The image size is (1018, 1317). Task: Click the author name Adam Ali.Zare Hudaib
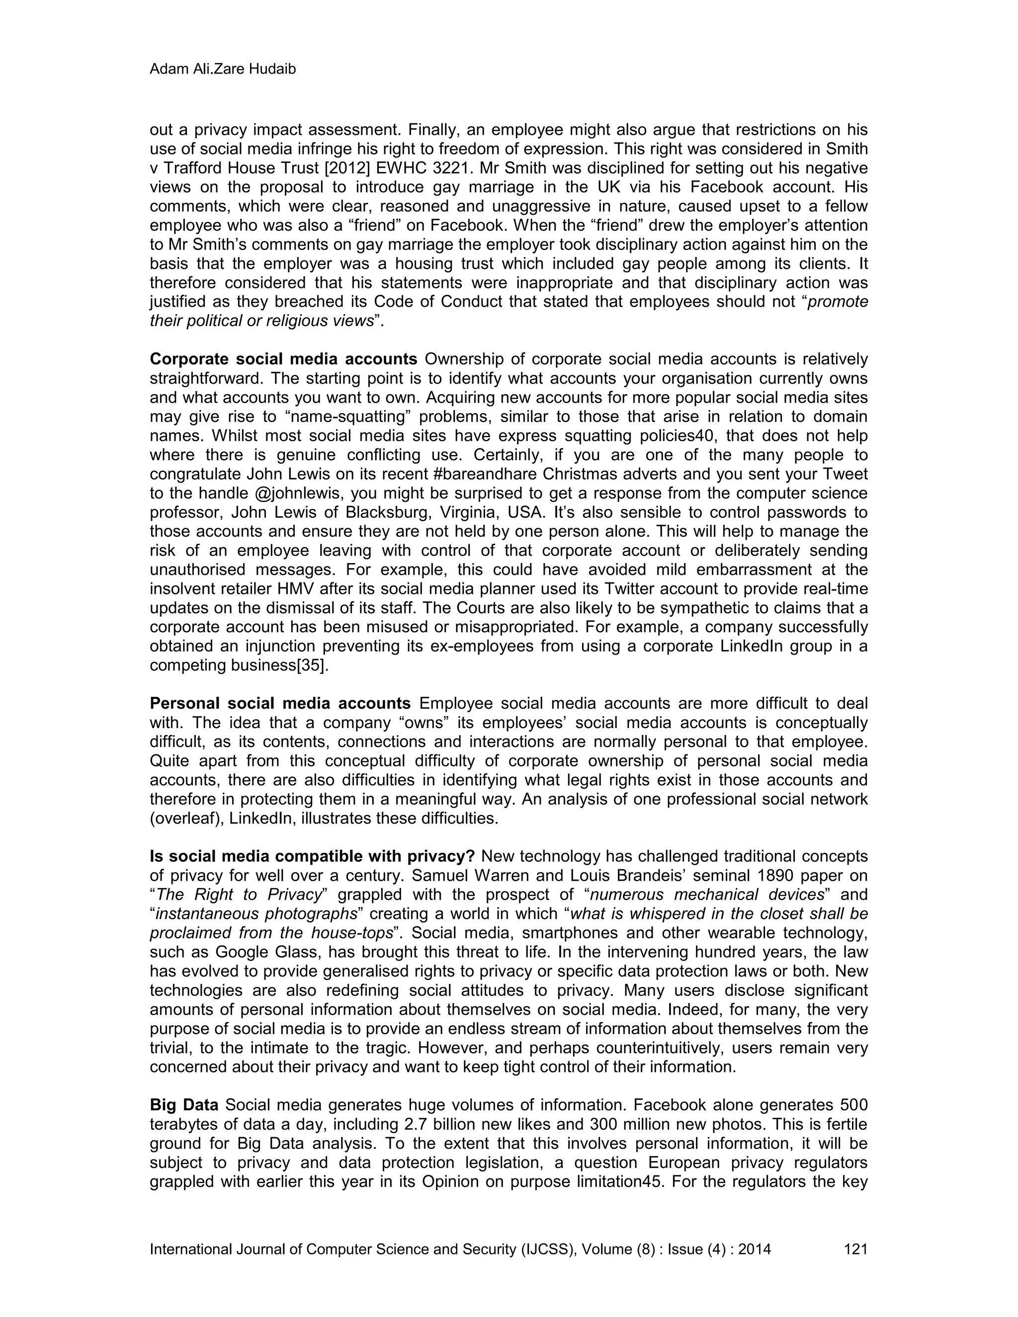pos(223,70)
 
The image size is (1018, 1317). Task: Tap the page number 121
pos(856,1249)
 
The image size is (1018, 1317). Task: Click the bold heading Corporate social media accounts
pos(283,359)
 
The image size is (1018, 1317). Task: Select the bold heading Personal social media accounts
pos(280,704)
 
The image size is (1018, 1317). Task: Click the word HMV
pos(313,588)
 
